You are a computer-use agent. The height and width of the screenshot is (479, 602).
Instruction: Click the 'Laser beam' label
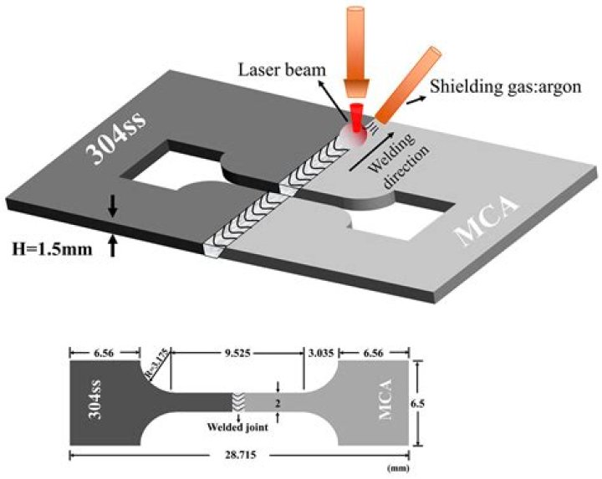point(282,70)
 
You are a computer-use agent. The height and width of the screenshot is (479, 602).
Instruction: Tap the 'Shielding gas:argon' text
point(505,87)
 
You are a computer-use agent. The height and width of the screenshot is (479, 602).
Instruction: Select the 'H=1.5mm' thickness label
point(52,249)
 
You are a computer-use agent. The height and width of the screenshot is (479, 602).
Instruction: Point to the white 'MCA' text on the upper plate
point(487,222)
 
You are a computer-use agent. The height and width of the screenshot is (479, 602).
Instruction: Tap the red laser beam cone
point(357,118)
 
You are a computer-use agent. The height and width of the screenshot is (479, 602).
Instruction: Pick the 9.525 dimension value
point(237,353)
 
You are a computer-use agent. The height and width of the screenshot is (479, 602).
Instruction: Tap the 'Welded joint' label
point(237,427)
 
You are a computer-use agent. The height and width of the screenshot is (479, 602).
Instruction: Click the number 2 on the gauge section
point(278,404)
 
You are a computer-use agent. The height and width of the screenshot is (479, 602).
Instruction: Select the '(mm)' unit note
point(398,468)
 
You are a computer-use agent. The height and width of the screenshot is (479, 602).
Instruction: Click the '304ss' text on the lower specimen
point(96,400)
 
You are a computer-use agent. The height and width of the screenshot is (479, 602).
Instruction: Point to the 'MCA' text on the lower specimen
point(385,400)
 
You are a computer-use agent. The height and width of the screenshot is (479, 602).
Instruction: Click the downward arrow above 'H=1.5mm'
point(113,206)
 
